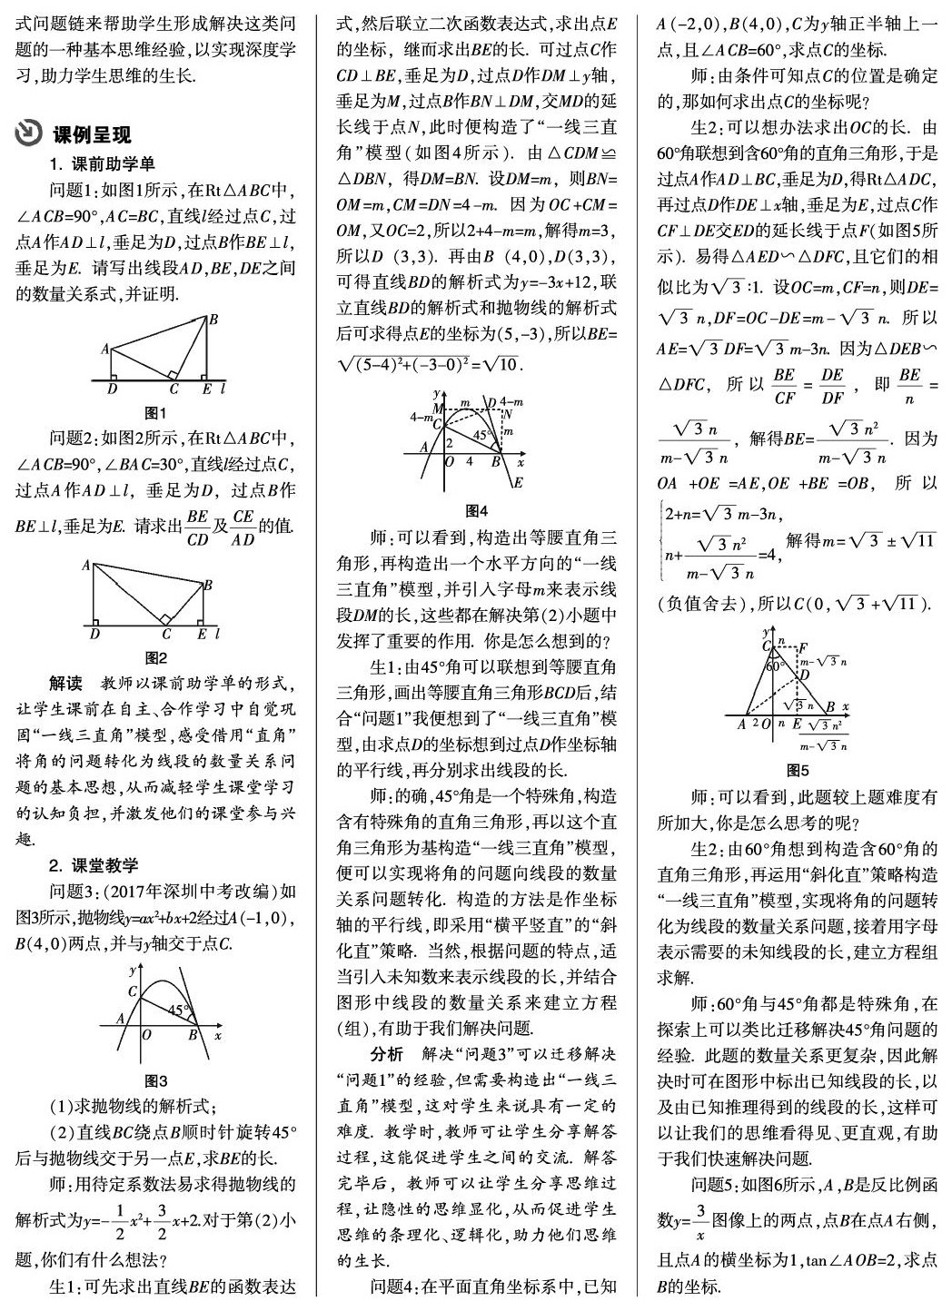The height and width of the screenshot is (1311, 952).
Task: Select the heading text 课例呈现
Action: pos(92,133)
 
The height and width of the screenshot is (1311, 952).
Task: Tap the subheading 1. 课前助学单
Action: pos(103,164)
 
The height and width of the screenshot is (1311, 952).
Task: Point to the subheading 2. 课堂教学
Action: pos(94,865)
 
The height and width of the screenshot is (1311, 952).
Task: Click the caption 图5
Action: pos(797,770)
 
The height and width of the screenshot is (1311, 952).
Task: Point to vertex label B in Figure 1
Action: pos(213,320)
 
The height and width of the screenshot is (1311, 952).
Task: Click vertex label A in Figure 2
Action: pos(85,565)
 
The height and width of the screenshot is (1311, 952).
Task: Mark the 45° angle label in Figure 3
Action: pos(178,1009)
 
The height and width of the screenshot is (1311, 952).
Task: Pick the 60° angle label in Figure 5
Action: pos(774,665)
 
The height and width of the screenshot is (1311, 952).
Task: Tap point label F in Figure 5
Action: pos(802,647)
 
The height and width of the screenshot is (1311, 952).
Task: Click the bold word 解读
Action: pos(65,683)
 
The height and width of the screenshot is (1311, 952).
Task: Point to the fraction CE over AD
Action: pos(243,527)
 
